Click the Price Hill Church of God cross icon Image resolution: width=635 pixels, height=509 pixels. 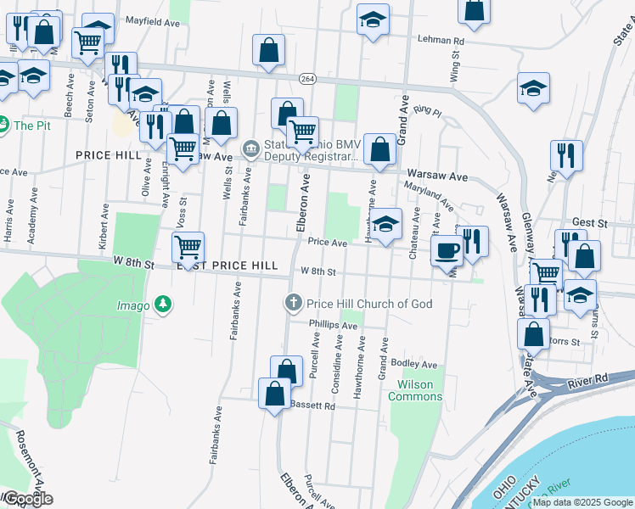coord(293,303)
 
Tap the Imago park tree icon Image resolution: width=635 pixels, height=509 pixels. coord(162,304)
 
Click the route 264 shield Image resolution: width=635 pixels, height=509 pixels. coord(306,78)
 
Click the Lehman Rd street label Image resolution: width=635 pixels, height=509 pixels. coord(441,40)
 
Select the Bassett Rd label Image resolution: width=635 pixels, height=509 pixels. coord(313,406)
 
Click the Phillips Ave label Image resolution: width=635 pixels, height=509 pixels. coord(333,325)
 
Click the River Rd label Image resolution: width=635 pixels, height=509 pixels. coord(591,378)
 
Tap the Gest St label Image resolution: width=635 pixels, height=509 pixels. coord(591,221)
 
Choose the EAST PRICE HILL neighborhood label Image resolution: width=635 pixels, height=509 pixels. coord(228,266)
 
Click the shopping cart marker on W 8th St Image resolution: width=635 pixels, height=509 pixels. coord(188,248)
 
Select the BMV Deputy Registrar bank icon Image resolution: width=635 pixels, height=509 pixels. coord(251,149)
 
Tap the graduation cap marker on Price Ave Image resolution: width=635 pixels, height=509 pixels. coord(385,225)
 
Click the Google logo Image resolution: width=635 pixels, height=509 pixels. coord(27,499)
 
